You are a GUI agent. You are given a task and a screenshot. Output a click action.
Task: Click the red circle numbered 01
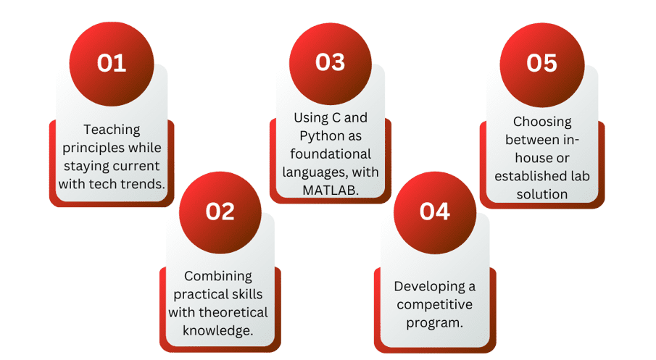(112, 63)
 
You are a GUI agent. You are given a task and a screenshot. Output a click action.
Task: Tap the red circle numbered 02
(220, 211)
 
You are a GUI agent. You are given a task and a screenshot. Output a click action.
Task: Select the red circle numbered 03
(330, 63)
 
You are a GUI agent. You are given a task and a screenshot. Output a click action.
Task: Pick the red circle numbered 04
(434, 211)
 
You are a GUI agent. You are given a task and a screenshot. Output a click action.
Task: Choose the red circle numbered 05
(541, 63)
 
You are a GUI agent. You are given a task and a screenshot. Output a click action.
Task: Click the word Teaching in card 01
(112, 130)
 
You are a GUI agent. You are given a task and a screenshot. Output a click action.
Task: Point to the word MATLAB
(330, 190)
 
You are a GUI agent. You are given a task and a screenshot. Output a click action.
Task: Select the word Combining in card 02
(218, 276)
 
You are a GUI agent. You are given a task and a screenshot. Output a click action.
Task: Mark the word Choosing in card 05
(542, 122)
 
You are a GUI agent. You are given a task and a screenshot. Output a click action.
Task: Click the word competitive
(434, 304)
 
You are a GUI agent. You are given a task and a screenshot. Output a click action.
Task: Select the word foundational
(330, 154)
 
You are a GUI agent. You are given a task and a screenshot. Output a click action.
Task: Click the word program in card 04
(433, 322)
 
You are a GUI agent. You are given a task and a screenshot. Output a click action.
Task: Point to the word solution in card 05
(541, 194)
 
